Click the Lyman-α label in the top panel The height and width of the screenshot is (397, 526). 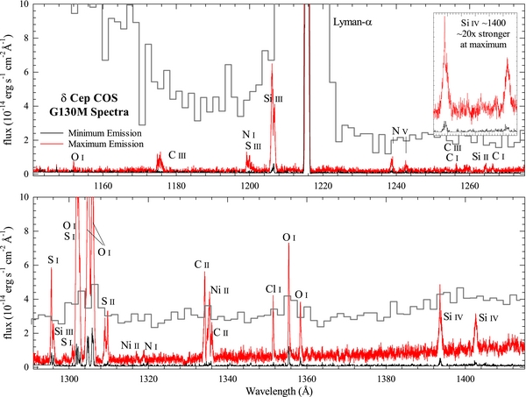[x=357, y=20]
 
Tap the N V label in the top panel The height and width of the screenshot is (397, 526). [x=400, y=131]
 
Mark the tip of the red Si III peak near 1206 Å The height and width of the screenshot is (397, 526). [x=272, y=64]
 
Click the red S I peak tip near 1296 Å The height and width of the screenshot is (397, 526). [x=52, y=267]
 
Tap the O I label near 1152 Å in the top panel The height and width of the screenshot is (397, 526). [x=79, y=156]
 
